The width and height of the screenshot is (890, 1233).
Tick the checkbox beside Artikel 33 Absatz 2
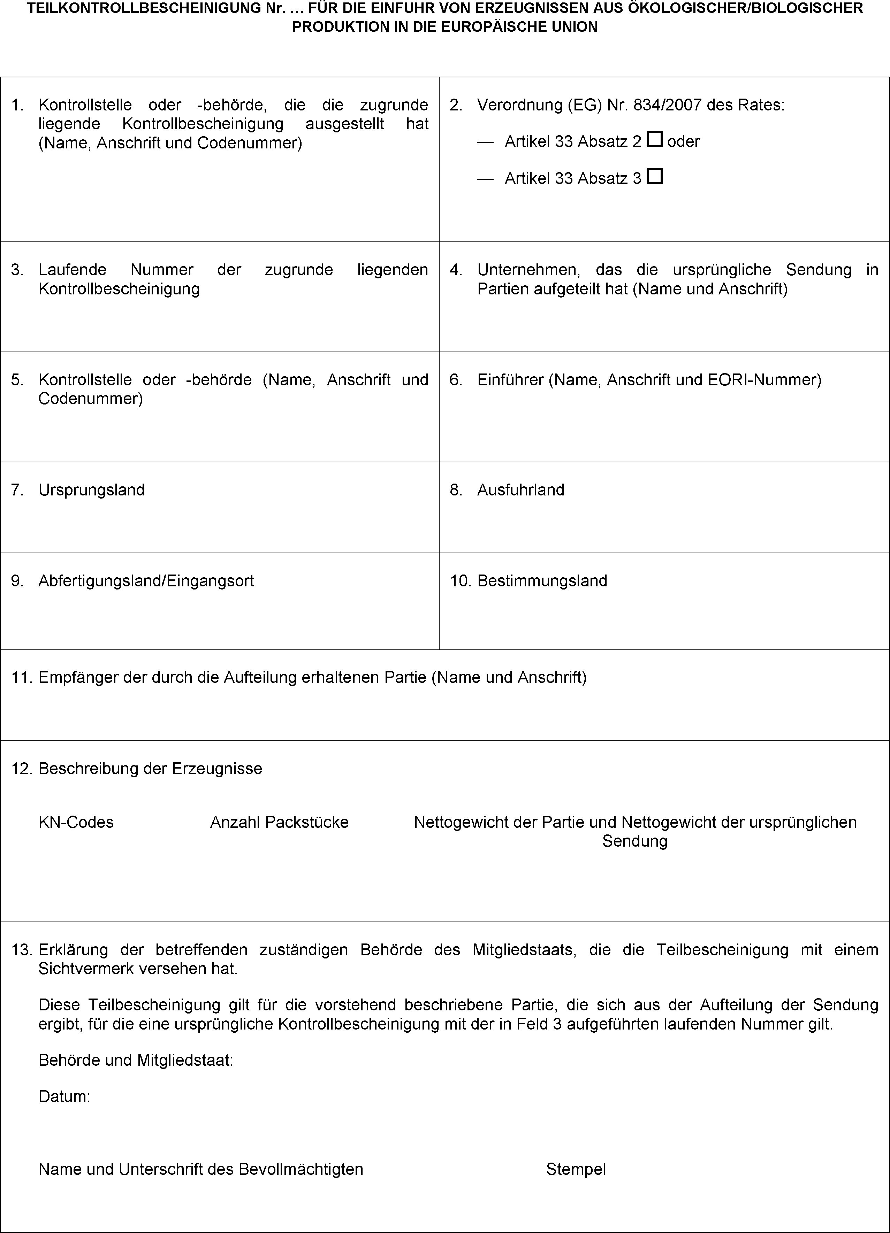point(655,140)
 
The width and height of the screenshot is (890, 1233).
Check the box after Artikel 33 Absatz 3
point(655,176)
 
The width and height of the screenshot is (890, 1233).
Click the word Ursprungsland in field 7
point(91,490)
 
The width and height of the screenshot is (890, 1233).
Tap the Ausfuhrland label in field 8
point(520,490)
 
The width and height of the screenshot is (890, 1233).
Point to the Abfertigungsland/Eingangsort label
point(146,581)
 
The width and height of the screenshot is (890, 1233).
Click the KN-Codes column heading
point(76,822)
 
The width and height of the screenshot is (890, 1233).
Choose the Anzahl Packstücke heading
point(279,822)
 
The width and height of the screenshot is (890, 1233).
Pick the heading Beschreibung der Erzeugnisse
point(150,768)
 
